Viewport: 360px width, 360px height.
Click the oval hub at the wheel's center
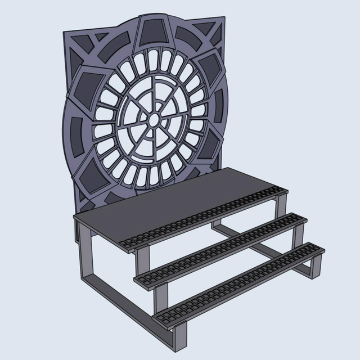[153, 119]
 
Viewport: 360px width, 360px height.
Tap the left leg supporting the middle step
[163, 295]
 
